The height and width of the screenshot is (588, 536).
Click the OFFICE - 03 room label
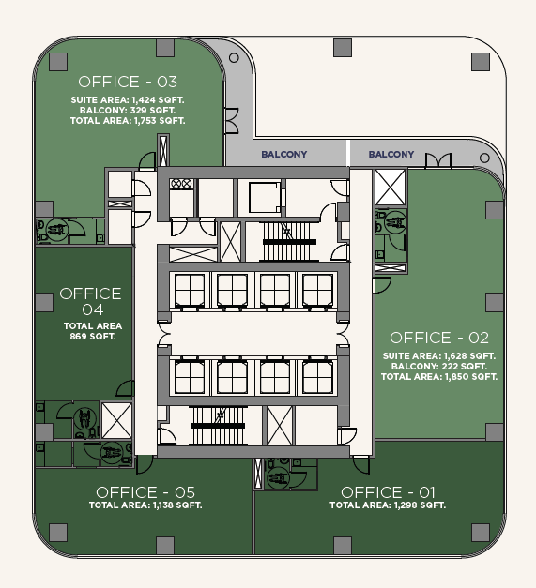coord(128,82)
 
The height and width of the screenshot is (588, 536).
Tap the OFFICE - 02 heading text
coord(439,338)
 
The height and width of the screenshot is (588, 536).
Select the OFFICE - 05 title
coord(145,492)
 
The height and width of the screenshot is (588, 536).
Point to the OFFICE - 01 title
coord(388,492)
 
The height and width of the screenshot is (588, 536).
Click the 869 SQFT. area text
coord(93,337)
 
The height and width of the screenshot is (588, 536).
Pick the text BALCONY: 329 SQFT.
coord(128,111)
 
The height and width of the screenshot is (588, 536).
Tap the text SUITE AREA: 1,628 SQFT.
coord(439,355)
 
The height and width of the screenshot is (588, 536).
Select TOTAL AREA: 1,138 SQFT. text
coord(145,505)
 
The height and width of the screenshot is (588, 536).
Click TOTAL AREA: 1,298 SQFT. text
coord(388,505)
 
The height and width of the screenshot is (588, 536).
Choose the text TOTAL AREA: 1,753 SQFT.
coord(128,121)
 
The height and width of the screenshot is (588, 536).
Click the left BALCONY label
coord(284,154)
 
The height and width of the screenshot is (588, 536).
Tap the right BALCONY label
coord(391,154)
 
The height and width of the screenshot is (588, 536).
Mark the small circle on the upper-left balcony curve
coord(234,58)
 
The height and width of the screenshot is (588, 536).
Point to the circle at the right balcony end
coord(484,158)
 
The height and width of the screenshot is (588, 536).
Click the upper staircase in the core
coord(288,241)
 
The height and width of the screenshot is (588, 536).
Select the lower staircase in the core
coord(218,426)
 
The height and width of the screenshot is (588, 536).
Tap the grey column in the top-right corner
coord(481,62)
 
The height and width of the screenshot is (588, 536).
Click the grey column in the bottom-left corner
coord(58,533)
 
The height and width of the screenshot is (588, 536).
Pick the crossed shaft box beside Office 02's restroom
coord(391,188)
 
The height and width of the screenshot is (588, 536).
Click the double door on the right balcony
coord(438,160)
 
